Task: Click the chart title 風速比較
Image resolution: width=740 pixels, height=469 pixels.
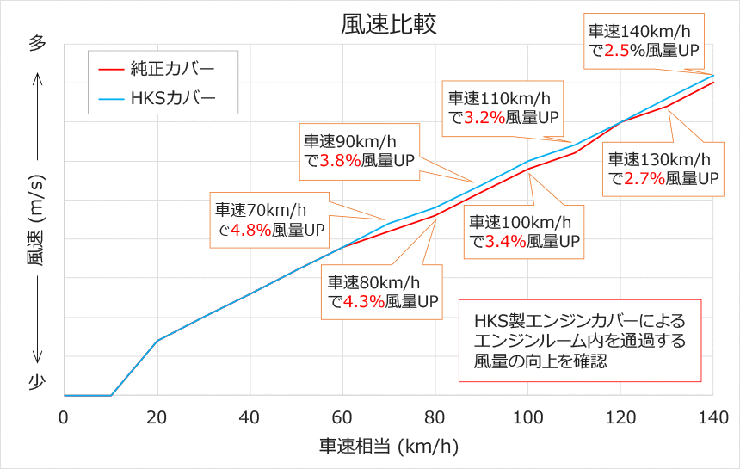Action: point(376,22)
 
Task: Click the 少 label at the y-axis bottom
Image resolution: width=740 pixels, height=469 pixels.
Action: point(37,385)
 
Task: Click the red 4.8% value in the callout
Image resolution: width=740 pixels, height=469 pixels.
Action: point(252,230)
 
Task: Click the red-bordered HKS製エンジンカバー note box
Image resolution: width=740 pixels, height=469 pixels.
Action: point(580,341)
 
